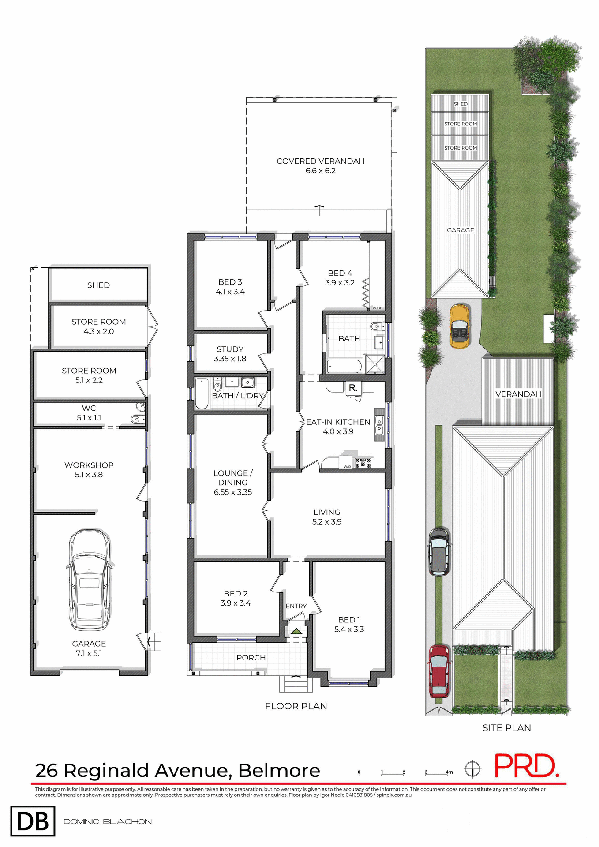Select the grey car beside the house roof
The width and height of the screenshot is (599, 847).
[439, 551]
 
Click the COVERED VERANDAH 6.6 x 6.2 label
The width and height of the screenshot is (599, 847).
[321, 166]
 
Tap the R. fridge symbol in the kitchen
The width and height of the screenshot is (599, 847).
[353, 388]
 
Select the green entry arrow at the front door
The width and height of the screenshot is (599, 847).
[296, 632]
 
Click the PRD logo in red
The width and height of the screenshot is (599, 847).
[526, 766]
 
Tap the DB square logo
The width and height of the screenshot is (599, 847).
[33, 821]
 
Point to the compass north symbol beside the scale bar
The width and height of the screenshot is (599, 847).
[472, 769]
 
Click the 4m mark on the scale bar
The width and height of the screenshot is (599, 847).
[449, 772]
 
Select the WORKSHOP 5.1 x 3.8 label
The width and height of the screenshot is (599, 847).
[89, 470]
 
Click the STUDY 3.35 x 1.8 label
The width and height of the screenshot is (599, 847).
[230, 354]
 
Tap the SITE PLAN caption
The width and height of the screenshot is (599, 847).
[506, 728]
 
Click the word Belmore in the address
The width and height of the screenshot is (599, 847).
[279, 771]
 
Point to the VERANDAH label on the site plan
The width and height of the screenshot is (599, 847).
[518, 394]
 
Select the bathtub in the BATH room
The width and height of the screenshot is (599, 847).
[344, 366]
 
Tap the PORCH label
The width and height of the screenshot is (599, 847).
[251, 657]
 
